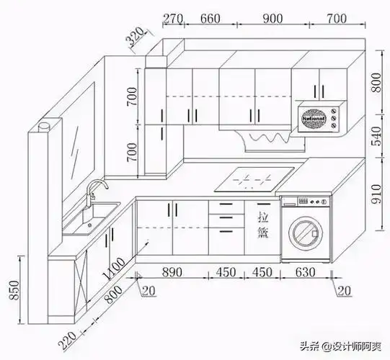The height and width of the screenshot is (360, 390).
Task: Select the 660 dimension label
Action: (209, 17)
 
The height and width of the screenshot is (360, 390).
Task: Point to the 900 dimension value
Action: (272, 17)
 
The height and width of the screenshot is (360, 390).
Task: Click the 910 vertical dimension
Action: (376, 192)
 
